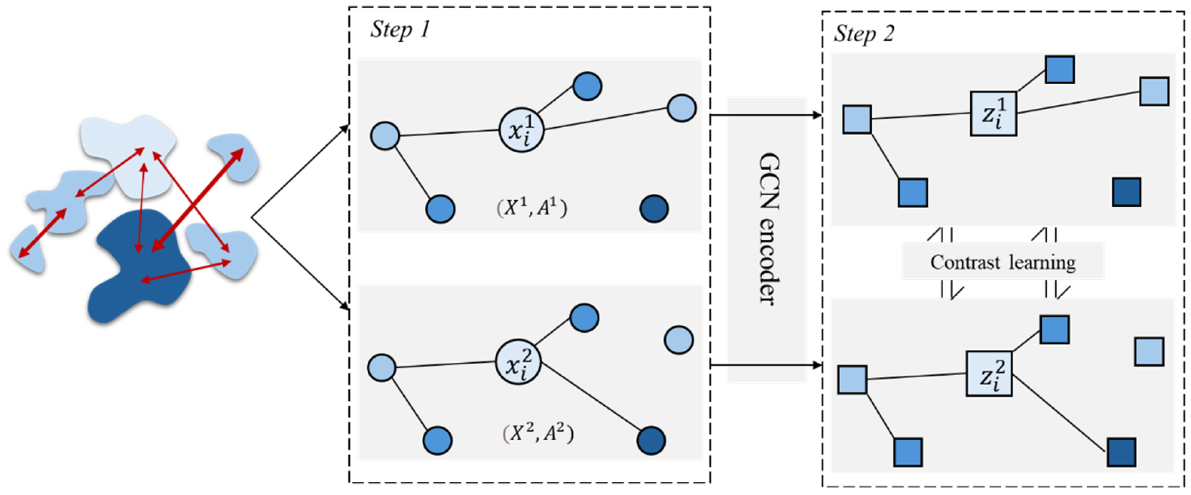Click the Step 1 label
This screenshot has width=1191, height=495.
(400, 30)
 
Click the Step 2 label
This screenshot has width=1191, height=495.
(863, 34)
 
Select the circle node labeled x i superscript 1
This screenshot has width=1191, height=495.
(521, 130)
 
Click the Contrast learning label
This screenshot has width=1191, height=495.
(1002, 262)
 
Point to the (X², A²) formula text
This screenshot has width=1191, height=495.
(538, 433)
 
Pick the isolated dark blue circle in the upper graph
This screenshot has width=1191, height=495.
(654, 209)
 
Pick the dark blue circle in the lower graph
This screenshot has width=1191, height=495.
(651, 440)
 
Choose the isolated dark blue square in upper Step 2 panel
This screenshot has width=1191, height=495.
(1126, 192)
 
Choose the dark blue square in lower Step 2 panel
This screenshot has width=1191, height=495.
(1121, 452)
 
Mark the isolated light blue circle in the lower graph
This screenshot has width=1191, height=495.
(678, 340)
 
